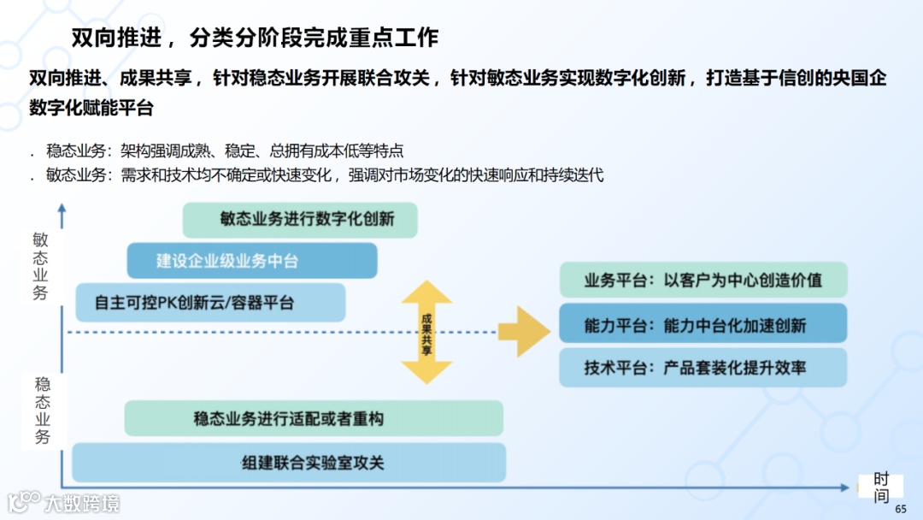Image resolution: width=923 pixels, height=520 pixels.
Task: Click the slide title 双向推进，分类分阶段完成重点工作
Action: [x=255, y=38]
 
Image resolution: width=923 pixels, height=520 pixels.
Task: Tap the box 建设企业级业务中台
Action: [x=251, y=261]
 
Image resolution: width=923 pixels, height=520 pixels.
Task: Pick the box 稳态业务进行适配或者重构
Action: [x=314, y=418]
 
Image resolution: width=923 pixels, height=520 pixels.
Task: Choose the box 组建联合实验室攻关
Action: [x=289, y=463]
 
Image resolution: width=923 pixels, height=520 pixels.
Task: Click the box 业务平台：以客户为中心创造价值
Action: [x=703, y=280]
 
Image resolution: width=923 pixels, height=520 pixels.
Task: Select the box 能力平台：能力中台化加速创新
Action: [x=703, y=324]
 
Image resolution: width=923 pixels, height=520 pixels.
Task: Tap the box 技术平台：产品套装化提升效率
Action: [x=703, y=368]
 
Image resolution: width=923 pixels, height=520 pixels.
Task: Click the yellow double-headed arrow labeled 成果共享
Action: [x=426, y=332]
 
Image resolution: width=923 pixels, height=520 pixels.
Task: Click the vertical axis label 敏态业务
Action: [x=41, y=266]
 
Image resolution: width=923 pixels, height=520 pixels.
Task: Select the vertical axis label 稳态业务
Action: [x=42, y=411]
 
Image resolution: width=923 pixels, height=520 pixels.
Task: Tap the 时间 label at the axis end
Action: [x=881, y=487]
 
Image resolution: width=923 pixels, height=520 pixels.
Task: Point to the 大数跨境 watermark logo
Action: [x=63, y=501]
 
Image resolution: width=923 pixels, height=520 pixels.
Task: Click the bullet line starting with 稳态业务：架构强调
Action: [x=225, y=151]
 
